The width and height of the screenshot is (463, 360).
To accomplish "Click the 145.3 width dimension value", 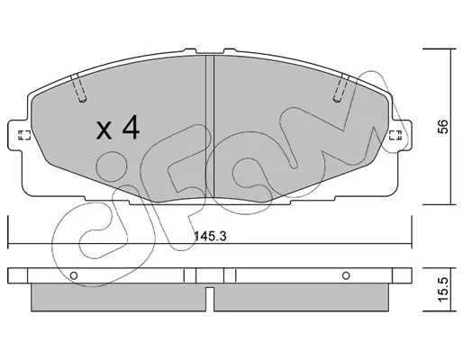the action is pyautogui.click(x=210, y=236).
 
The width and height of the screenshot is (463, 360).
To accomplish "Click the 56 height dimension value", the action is pyautogui.click(x=443, y=126).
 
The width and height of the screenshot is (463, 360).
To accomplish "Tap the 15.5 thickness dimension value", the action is pyautogui.click(x=443, y=290).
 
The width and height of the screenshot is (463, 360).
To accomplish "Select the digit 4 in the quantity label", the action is pyautogui.click(x=131, y=127).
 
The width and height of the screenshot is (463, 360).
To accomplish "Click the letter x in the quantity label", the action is pyautogui.click(x=104, y=131).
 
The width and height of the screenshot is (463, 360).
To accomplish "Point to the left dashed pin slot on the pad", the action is pyautogui.click(x=78, y=87).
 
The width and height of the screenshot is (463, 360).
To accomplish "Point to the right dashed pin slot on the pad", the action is pyautogui.click(x=341, y=87).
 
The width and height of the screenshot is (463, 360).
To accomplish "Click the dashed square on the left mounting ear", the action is pyautogui.click(x=24, y=135).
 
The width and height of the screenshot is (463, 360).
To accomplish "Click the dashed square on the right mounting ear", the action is pyautogui.click(x=395, y=135).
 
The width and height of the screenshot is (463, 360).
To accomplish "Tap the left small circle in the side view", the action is pyautogui.click(x=74, y=275).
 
